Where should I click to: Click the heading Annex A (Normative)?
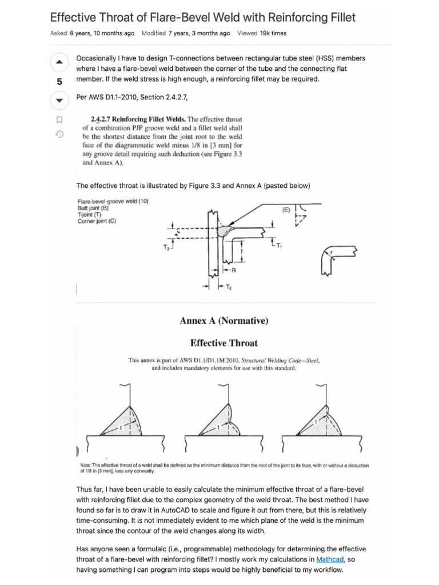[224, 320]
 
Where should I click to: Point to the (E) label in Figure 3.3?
[286, 210]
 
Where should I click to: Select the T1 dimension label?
[279, 246]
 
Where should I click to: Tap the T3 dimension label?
[166, 247]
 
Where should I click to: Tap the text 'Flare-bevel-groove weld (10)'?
[113, 201]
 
